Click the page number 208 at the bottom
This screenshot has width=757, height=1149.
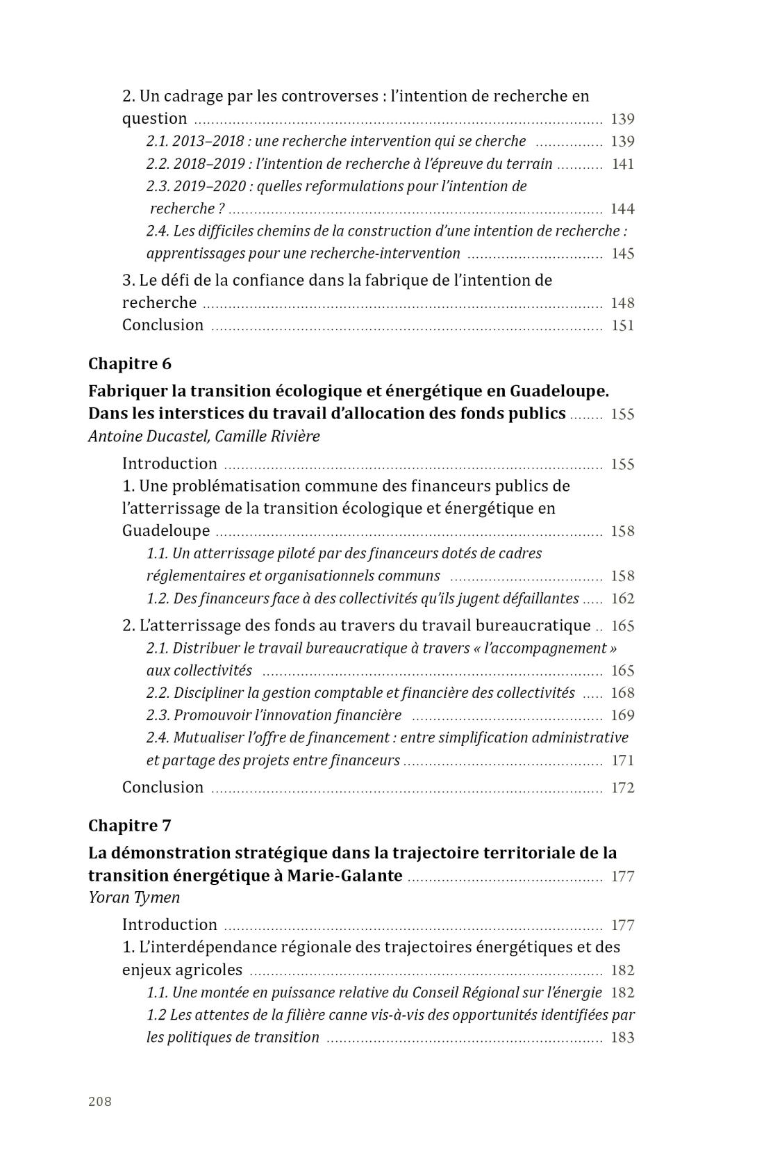[x=100, y=1101]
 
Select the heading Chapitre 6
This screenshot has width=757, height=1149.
[x=130, y=364]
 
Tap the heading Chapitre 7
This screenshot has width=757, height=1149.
[x=130, y=825]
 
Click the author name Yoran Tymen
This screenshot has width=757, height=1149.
[x=134, y=897]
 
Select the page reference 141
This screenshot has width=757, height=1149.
[x=622, y=164]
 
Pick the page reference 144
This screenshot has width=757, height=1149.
[x=622, y=209]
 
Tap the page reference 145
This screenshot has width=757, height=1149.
[x=622, y=254]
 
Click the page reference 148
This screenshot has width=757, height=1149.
[x=622, y=303]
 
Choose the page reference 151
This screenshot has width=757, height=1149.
[x=622, y=325]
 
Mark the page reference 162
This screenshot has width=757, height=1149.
[x=622, y=598]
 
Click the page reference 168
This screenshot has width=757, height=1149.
[x=622, y=693]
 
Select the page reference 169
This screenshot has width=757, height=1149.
[x=622, y=715]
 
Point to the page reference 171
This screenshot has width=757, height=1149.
[x=622, y=760]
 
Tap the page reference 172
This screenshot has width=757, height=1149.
[x=622, y=788]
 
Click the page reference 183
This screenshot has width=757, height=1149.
[x=622, y=1038]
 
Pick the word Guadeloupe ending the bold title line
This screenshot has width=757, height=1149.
[x=558, y=391]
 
